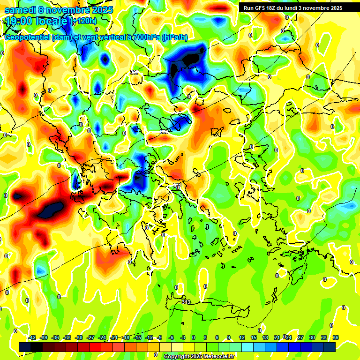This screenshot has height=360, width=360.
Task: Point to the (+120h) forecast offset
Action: [x=83, y=21]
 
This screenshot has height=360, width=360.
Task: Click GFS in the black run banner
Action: [x=259, y=8]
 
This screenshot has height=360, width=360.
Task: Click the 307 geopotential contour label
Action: [x=135, y=72]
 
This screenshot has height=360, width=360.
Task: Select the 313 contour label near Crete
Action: [x=186, y=302]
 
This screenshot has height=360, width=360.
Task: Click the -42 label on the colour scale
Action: [x=32, y=337]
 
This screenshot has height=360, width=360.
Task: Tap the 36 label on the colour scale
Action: [x=336, y=337]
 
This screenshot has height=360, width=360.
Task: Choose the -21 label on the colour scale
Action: [x=113, y=337]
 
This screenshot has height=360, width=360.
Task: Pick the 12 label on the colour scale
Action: [x=242, y=337]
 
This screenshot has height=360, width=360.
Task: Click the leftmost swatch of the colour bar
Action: [x=25, y=347]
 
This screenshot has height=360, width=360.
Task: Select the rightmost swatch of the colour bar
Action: [x=330, y=347]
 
